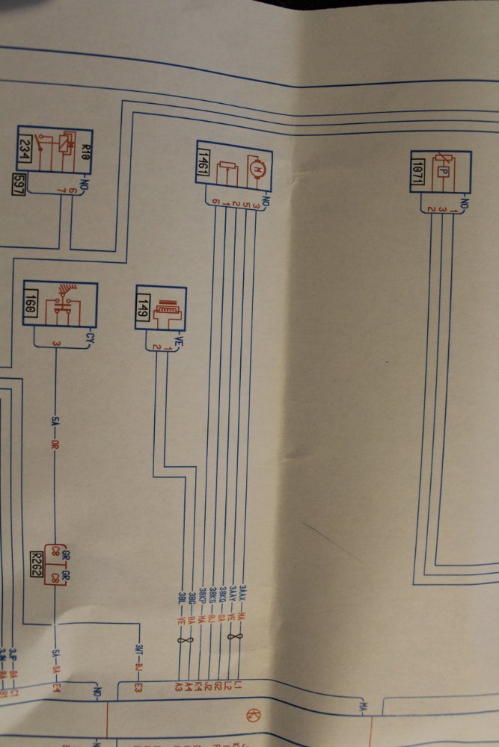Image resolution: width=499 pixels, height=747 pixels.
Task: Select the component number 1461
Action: (x=202, y=163)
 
